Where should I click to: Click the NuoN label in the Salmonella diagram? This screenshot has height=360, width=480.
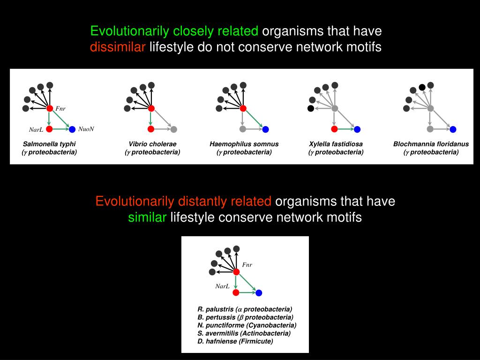coord(86,129)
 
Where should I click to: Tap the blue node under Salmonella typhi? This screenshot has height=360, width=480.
coord(72,129)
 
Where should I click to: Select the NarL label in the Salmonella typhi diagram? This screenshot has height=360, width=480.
coord(36,130)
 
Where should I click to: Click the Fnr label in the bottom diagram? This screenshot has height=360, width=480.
coord(247,265)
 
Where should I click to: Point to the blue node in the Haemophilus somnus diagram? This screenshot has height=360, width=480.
coord(265,129)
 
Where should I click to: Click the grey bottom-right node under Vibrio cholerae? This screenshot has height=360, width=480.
coord(173,129)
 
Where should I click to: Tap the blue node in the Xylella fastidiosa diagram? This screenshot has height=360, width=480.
coord(357,129)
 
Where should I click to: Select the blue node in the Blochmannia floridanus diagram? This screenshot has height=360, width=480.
coord(453,129)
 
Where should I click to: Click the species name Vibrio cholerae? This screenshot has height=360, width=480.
coord(152,144)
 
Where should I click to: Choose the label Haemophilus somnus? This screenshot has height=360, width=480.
coord(244,144)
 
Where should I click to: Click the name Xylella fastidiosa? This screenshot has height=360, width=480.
coord(336,144)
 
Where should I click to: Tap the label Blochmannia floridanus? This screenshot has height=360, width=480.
coord(431,144)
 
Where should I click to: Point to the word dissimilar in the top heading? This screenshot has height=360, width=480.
coord(118,47)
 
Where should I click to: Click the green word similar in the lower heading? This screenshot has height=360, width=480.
coord(147,217)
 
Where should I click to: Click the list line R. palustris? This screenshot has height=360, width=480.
coord(245,309)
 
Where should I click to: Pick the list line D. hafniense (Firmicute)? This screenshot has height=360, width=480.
coord(235,341)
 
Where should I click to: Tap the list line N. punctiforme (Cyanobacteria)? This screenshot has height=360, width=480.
coord(247,325)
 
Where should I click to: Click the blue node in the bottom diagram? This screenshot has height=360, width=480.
coord(259,293)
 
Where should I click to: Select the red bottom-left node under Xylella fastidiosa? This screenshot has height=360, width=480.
coord(334,129)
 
